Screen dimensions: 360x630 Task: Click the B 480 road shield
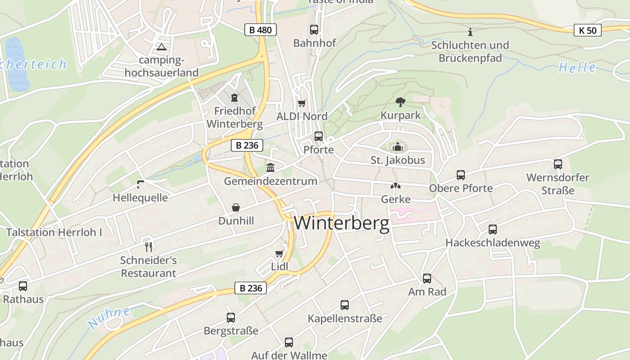pyautogui.click(x=260, y=30)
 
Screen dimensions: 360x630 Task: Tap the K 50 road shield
pyautogui.click(x=588, y=30)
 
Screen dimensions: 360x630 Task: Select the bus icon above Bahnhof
pyautogui.click(x=314, y=30)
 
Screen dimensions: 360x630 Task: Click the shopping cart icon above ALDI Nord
pyautogui.click(x=301, y=103)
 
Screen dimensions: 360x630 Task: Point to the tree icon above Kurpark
pyautogui.click(x=400, y=102)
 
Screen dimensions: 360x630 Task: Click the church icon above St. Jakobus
pyautogui.click(x=397, y=147)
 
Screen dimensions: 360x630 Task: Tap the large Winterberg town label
pyautogui.click(x=342, y=223)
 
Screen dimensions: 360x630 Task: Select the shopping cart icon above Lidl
pyautogui.click(x=279, y=253)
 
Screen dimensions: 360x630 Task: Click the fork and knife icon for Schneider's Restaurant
pyautogui.click(x=148, y=247)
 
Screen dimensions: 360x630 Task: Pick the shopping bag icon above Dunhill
pyautogui.click(x=235, y=207)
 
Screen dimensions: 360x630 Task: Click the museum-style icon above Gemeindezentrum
pyautogui.click(x=270, y=168)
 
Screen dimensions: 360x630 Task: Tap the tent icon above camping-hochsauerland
pyautogui.click(x=162, y=46)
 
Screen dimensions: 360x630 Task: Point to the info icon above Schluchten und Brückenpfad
pyautogui.click(x=470, y=31)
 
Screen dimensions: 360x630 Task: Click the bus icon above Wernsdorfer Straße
pyautogui.click(x=558, y=164)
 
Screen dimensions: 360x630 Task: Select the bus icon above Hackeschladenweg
pyautogui.click(x=492, y=229)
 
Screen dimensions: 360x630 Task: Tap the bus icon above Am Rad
pyautogui.click(x=427, y=278)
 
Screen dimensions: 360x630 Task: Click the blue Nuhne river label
pyautogui.click(x=109, y=317)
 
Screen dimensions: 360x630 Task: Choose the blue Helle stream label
pyautogui.click(x=577, y=67)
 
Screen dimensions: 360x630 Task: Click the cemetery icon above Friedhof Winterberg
pyautogui.click(x=234, y=97)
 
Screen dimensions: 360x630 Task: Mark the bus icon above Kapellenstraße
pyautogui.click(x=344, y=305)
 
